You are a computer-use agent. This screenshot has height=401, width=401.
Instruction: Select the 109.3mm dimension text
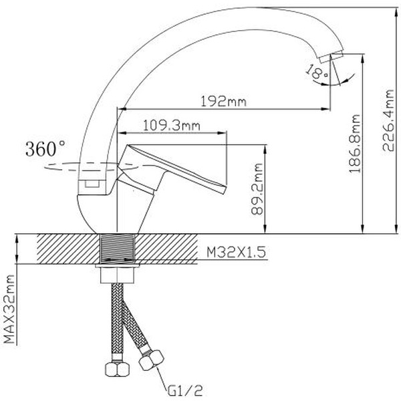pyautogui.click(x=163, y=124)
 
